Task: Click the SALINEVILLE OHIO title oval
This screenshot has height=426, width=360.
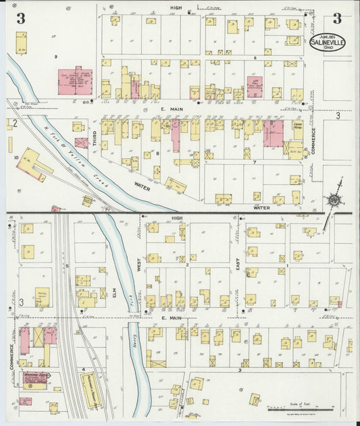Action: pyautogui.click(x=327, y=43)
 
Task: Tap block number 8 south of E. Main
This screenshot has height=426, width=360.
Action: pyautogui.click(x=157, y=154)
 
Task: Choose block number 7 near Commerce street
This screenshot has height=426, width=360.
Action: pyautogui.click(x=253, y=163)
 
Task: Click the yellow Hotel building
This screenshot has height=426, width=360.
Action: pyautogui.click(x=42, y=295)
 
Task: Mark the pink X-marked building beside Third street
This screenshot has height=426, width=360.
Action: pyautogui.click(x=81, y=143)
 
